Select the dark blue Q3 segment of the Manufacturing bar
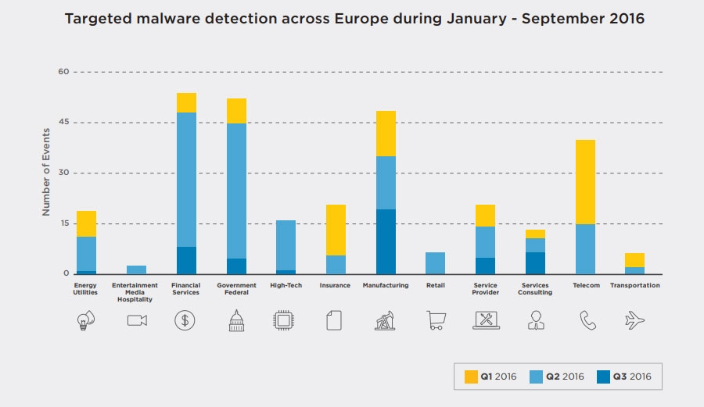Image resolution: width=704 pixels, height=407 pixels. tap(386, 241)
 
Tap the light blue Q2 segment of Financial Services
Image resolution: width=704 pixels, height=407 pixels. tap(186, 180)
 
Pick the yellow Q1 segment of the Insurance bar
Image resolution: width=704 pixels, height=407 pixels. tap(336, 230)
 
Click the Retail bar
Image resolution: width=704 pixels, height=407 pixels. tap(436, 263)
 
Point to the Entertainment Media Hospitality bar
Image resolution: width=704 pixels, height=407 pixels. tap(136, 270)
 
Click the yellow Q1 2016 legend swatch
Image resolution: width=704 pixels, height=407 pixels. tap(471, 377)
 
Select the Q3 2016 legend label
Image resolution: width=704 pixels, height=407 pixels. tap(632, 377)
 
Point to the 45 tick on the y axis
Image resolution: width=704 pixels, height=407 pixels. tap(64, 123)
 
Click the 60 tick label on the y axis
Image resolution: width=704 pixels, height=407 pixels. tap(64, 72)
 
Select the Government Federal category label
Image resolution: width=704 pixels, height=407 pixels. tap(236, 289)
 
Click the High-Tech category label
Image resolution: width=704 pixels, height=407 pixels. tap(286, 286)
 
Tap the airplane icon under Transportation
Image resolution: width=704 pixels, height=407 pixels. tap(635, 320)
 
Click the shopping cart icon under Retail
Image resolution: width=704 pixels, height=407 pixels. tap(436, 320)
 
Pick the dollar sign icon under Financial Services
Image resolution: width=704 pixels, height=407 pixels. tap(185, 320)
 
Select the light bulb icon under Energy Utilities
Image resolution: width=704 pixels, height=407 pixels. tap(86, 320)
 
